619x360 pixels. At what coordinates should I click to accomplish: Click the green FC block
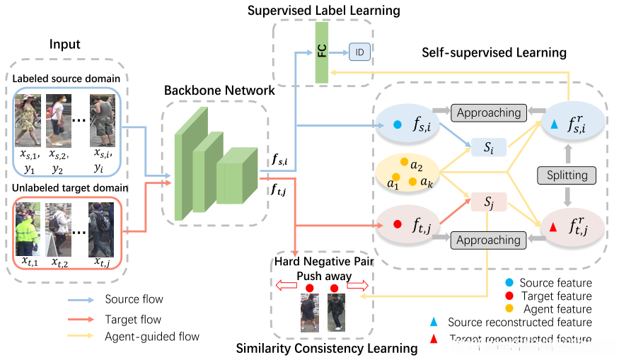(x=322, y=52)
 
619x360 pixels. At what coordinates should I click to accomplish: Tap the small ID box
(x=359, y=52)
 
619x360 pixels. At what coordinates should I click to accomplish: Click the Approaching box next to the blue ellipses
(x=488, y=112)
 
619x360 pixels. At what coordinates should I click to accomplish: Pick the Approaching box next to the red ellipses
(x=488, y=240)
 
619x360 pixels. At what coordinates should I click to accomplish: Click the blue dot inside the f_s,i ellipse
(x=398, y=124)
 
